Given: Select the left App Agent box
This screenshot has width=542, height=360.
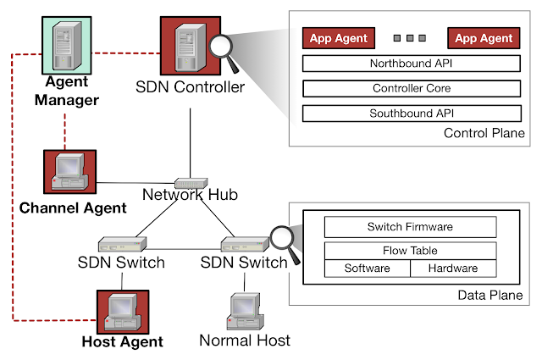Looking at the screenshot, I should (x=339, y=38).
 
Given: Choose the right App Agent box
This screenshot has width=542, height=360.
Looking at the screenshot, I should (x=484, y=38).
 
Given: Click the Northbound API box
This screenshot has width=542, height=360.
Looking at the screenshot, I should (x=411, y=64).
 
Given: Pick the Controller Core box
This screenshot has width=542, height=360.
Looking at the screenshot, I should (x=411, y=88).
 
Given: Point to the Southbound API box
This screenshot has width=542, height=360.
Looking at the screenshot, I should (x=411, y=113).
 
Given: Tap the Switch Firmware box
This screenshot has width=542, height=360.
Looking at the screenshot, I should (x=410, y=227).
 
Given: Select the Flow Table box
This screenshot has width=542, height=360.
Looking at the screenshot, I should (x=410, y=251).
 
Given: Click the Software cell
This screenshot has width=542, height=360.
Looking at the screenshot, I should (x=368, y=269).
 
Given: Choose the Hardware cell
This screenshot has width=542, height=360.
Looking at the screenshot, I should (x=453, y=269).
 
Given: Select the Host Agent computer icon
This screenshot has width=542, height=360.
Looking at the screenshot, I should (x=122, y=313).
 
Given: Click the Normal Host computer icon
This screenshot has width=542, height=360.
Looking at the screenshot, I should (x=244, y=312).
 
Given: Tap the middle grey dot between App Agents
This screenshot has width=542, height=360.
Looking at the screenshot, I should (x=411, y=38).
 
